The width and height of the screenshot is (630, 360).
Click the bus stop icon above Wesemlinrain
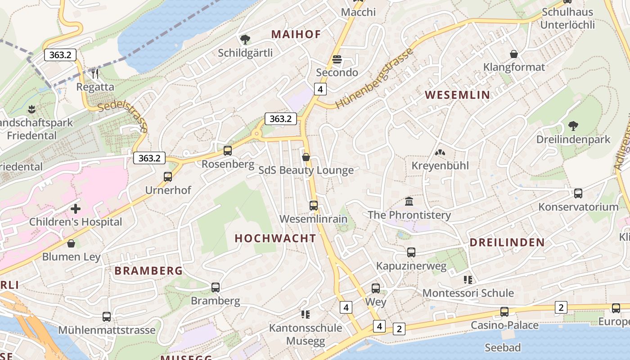coord(314,206)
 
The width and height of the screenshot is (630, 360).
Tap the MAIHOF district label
coord(296,34)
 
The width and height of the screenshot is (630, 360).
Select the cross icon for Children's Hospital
coord(76,209)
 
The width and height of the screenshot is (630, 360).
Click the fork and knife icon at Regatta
coord(95,73)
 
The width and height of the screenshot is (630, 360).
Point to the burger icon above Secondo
coord(337,59)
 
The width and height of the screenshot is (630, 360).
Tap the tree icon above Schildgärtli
coord(245,40)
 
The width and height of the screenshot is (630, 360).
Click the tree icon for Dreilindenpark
coord(573,126)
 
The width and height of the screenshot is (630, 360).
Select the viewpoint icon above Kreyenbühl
coord(440,153)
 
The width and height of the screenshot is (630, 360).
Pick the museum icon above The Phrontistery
coord(409,201)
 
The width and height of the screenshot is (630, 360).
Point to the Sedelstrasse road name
coord(122,117)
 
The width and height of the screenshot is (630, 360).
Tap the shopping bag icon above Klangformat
coord(514,54)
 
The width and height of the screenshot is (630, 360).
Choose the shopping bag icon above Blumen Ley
coord(71,244)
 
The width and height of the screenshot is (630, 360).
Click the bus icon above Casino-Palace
coord(504,312)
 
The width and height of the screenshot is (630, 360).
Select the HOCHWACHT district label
coord(275,238)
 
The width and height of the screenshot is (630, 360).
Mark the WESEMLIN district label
coord(457,95)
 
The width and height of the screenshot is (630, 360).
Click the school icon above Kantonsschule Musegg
coord(306,314)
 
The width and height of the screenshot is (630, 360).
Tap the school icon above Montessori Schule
coord(468,280)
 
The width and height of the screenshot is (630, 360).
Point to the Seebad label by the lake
coord(503,347)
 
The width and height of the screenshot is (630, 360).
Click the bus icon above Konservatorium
coord(578,193)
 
